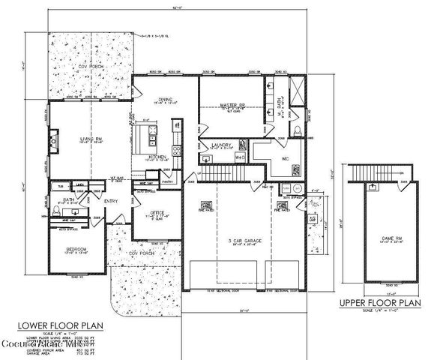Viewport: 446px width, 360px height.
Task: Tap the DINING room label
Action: [x=166, y=97]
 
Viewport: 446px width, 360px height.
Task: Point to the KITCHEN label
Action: [x=157, y=156]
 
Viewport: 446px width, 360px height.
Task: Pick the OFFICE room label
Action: [x=157, y=212]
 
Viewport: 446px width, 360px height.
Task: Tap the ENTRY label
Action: [x=110, y=200]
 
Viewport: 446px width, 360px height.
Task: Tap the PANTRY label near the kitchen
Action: [x=168, y=181]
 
